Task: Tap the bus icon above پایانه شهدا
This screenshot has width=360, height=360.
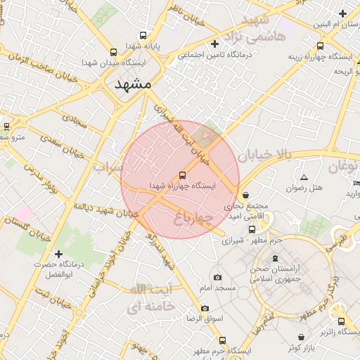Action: (143, 35)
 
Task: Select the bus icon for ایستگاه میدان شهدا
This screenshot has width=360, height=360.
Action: (114, 52)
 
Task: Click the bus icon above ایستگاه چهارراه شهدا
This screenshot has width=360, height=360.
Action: (183, 174)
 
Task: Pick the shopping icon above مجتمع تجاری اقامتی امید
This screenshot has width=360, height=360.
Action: (245, 195)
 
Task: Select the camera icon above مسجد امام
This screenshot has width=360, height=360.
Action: (217, 278)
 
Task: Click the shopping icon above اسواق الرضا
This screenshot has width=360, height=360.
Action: (205, 308)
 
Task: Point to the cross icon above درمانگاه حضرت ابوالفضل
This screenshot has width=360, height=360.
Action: (58, 253)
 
